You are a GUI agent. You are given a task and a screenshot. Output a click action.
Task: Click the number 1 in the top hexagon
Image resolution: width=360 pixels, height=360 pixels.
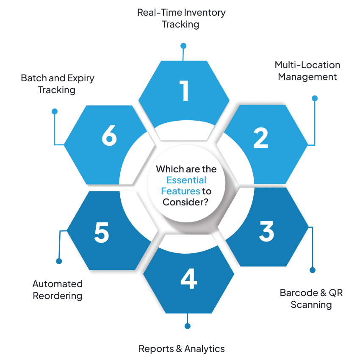[184, 91]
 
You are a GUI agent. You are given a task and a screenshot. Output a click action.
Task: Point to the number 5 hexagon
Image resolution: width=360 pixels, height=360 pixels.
[102, 232]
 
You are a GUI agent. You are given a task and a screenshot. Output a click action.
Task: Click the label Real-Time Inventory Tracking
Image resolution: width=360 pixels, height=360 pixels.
[181, 18]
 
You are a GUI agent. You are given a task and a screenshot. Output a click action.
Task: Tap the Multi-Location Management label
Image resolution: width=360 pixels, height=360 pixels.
[307, 71]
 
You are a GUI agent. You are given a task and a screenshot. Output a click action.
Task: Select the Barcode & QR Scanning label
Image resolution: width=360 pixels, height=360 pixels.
[311, 299]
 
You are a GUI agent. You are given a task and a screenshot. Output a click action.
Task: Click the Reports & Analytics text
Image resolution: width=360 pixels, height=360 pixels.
[182, 349]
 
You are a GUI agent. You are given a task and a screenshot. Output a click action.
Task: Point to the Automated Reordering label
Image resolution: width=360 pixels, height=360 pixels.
[58, 290]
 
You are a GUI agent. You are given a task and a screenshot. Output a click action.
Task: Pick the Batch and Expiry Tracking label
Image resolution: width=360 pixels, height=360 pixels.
[58, 84]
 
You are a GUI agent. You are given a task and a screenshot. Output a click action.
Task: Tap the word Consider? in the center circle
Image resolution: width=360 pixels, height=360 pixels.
[185, 202]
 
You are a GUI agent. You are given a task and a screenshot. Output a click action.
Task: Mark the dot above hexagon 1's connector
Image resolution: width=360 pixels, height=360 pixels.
[183, 45]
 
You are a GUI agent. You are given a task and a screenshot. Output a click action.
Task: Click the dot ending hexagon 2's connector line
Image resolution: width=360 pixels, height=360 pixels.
[314, 98]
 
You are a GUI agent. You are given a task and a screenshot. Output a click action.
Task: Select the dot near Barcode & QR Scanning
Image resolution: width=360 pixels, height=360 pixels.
[313, 270]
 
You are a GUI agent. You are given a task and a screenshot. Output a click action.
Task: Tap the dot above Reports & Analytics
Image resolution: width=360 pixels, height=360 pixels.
[188, 326]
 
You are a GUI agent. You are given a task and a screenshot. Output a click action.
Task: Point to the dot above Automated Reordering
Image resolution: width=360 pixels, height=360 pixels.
[59, 261]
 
